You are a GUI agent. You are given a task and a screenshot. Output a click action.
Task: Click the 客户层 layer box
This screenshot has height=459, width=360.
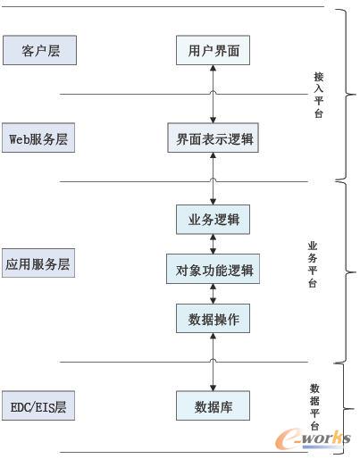39,51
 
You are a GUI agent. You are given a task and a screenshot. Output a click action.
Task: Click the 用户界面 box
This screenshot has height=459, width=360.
213,51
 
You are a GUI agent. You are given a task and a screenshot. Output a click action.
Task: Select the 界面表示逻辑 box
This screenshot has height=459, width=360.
213,138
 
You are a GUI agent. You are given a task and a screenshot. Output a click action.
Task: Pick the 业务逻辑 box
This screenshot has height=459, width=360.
213,219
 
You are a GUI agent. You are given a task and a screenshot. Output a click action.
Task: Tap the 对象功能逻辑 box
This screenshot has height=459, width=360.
213,269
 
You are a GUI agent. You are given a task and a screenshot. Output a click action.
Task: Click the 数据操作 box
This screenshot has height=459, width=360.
213,318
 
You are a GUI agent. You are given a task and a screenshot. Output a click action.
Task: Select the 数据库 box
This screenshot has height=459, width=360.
213,407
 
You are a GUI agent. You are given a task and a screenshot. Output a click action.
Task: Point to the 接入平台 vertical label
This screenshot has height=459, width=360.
319,96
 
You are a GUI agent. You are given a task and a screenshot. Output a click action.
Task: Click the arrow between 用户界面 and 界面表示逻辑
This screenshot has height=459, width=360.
213,95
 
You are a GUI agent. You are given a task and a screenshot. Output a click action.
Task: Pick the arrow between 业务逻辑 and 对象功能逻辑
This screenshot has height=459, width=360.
213,244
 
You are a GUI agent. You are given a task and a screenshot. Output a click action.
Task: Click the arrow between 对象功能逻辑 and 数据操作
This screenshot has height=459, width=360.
213,294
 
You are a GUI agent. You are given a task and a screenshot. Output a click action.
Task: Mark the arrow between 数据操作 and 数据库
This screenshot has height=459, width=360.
213,362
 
